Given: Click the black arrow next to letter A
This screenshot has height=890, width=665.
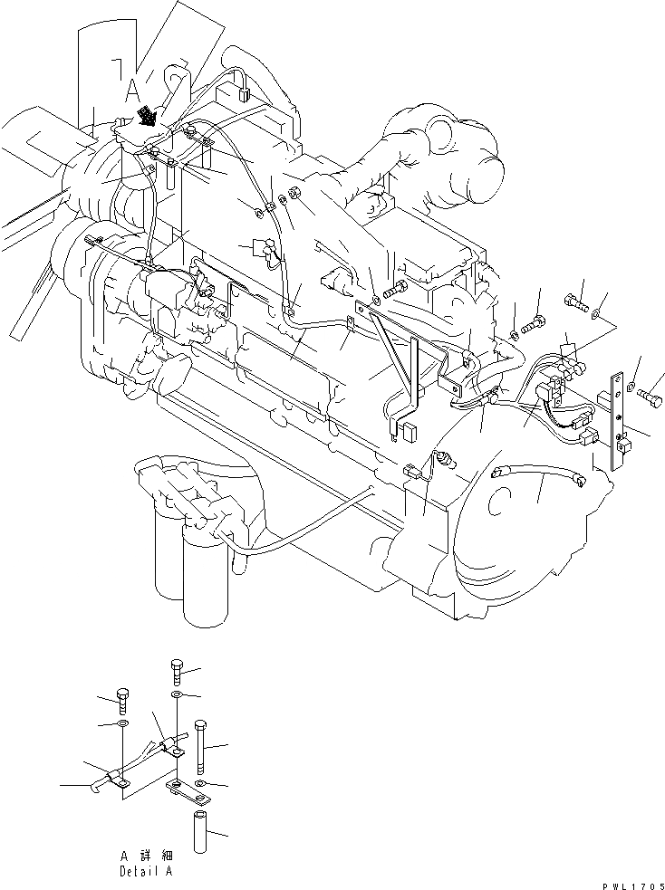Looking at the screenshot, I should click(145, 115).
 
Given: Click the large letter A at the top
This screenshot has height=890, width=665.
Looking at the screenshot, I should click(132, 89).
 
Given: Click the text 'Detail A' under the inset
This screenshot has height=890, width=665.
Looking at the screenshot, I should click(144, 871).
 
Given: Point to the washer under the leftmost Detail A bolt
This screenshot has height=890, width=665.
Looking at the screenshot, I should click(122, 726).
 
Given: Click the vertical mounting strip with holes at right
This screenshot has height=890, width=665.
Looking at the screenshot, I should click(619, 421).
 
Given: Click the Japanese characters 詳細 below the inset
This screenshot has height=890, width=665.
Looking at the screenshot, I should click(153, 855).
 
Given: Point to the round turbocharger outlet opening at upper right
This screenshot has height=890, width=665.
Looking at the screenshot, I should click(435, 131).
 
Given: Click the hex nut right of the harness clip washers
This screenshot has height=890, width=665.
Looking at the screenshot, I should click(294, 195).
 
